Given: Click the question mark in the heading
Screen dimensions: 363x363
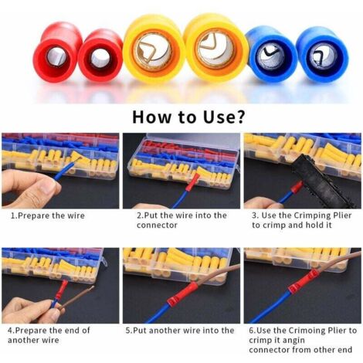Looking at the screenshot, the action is click(x=239, y=117).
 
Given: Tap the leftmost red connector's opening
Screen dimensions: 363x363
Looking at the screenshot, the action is click(x=56, y=56).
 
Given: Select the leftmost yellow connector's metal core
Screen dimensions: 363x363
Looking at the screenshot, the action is click(x=154, y=53).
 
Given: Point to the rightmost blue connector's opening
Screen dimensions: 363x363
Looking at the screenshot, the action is click(x=323, y=57).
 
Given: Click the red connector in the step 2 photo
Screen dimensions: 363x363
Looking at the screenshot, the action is click(x=194, y=182).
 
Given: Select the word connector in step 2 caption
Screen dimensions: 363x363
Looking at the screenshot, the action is click(x=157, y=226).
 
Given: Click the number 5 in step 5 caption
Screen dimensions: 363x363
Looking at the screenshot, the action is click(x=127, y=331).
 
